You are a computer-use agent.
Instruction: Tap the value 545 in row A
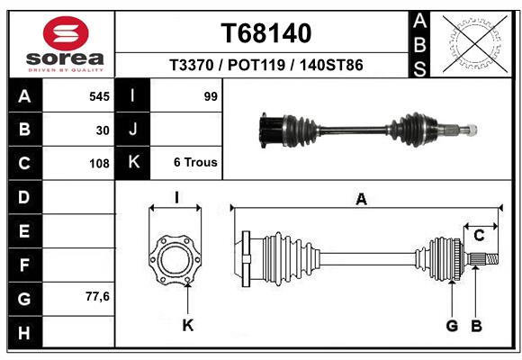(x=99, y=96)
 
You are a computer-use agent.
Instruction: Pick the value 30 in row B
(x=103, y=130)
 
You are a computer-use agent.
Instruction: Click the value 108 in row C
(x=99, y=164)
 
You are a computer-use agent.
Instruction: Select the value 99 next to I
(x=211, y=96)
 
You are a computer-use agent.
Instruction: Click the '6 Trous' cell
(x=195, y=163)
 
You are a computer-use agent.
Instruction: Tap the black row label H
(x=24, y=333)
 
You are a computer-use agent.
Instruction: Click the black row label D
(x=24, y=197)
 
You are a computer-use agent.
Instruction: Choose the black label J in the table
(x=133, y=130)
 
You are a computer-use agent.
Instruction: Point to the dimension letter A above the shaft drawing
(x=362, y=200)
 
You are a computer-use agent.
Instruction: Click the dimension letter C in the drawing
(x=480, y=236)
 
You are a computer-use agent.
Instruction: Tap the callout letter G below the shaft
(x=452, y=325)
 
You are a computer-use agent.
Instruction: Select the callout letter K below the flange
(x=188, y=325)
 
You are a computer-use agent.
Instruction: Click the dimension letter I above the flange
(x=176, y=198)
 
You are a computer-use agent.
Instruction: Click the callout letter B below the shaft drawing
(x=476, y=325)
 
